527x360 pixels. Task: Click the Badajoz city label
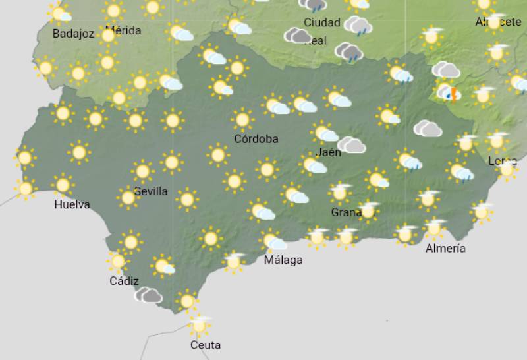(x=73, y=34)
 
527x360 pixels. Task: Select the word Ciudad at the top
(x=322, y=23)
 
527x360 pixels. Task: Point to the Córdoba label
(x=256, y=139)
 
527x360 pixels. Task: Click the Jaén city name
(x=329, y=152)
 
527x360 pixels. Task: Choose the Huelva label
(x=72, y=204)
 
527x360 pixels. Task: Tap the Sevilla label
(x=150, y=192)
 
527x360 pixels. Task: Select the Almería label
(x=446, y=249)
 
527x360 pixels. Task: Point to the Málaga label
(x=283, y=260)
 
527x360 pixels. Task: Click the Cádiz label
(x=124, y=282)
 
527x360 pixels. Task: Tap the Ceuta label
(x=205, y=345)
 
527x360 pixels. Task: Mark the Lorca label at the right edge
(x=502, y=161)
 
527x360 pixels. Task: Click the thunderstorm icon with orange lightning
(x=449, y=93)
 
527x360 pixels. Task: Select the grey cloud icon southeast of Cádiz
(x=149, y=295)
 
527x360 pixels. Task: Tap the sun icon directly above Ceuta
(x=199, y=324)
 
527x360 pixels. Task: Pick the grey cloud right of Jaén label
(x=352, y=145)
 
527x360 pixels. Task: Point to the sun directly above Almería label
(x=433, y=228)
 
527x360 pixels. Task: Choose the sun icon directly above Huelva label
(x=63, y=185)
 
